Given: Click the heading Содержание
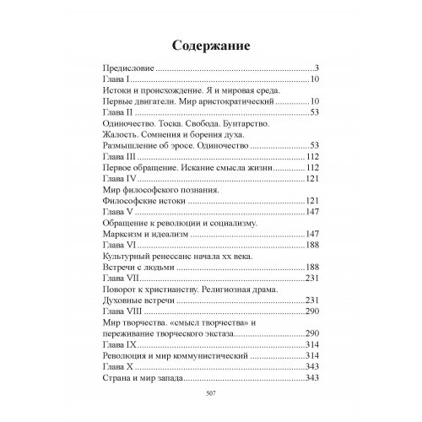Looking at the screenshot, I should pyautogui.click(x=210, y=44).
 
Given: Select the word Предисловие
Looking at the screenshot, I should pyautogui.click(x=124, y=67).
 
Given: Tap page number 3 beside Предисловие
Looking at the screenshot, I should pyautogui.click(x=314, y=67).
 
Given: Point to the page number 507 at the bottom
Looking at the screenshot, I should pyautogui.click(x=211, y=392).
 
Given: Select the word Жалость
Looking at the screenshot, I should pyautogui.click(x=122, y=134).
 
